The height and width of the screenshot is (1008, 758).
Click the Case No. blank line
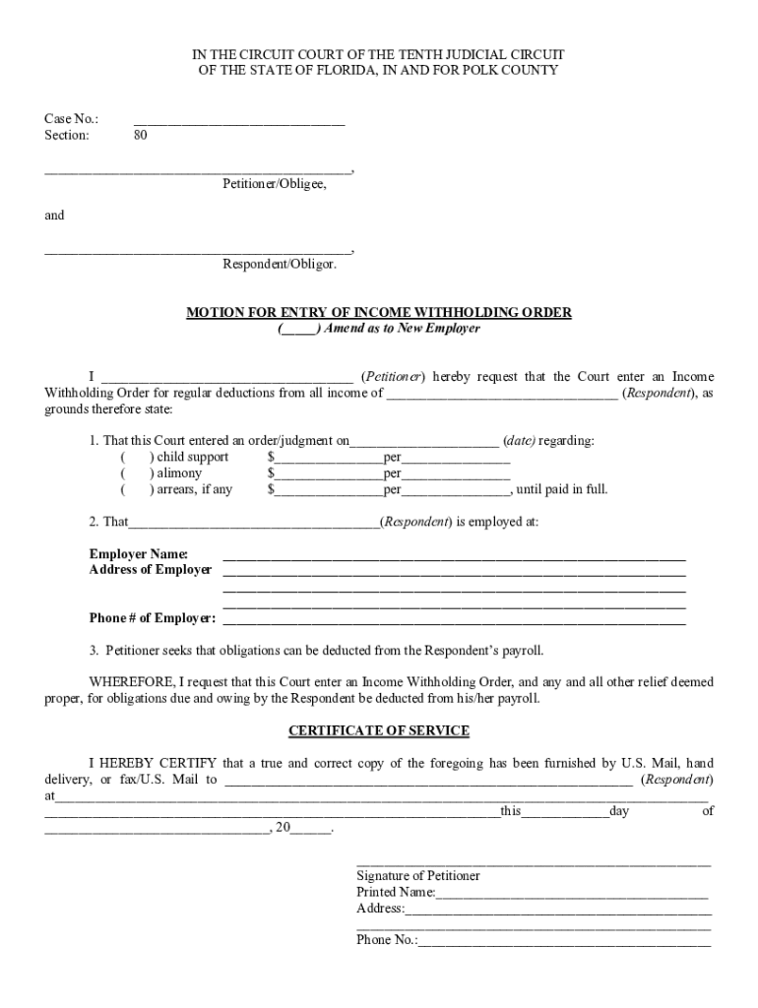(239, 120)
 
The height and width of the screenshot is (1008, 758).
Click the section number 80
(141, 136)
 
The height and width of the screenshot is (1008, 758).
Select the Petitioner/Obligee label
(274, 184)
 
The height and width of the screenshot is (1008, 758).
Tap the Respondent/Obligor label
(280, 264)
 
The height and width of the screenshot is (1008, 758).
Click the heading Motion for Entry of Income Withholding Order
(379, 313)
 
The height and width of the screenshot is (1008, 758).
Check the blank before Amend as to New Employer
(298, 329)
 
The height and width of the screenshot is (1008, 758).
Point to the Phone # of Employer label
(152, 618)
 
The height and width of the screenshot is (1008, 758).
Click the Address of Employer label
(150, 570)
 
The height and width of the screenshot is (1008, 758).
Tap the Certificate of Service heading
(379, 731)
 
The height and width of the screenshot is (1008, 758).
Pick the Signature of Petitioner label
(418, 876)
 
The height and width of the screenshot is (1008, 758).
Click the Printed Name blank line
(572, 893)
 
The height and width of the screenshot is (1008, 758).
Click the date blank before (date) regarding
(424, 441)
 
